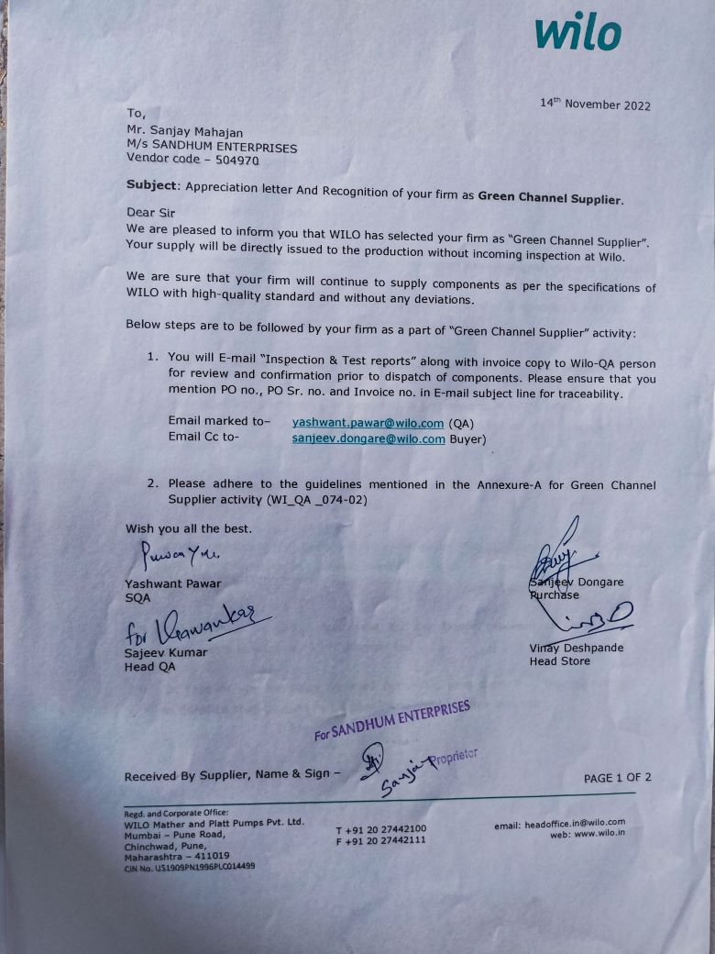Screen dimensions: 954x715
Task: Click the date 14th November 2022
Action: click(595, 104)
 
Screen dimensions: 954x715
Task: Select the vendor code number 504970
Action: click(236, 160)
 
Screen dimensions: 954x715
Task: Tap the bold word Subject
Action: click(150, 185)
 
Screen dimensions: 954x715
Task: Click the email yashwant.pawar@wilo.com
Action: click(368, 423)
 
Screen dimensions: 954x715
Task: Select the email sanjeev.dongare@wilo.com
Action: click(368, 438)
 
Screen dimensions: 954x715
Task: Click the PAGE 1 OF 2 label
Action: click(617, 778)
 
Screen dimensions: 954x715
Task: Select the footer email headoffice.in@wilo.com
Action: click(574, 824)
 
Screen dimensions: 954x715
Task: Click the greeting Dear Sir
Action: click(150, 213)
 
